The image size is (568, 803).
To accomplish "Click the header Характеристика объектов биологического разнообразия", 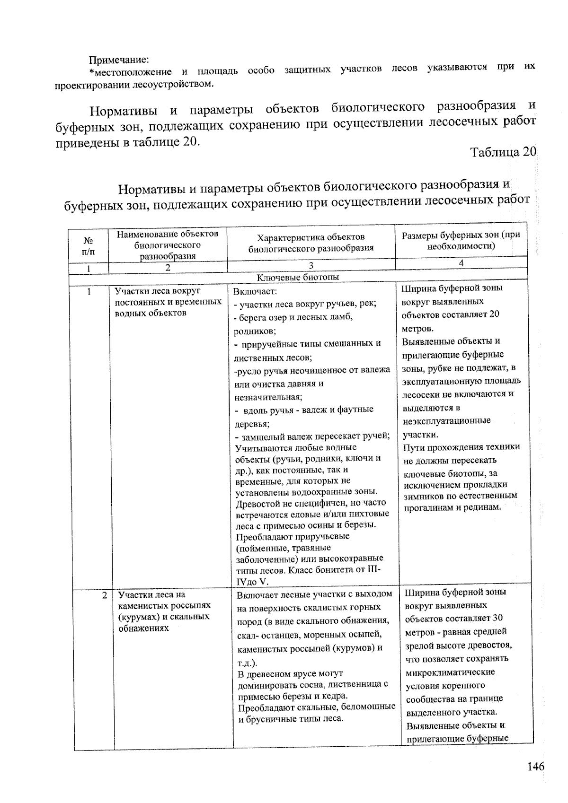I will (311, 242).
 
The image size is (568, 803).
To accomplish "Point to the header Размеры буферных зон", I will (461, 240).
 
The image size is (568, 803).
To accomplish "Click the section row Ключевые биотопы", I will (298, 278).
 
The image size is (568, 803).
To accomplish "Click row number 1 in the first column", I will (89, 292).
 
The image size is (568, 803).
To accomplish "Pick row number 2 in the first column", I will (105, 595).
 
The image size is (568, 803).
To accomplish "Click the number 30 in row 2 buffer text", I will (497, 618).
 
